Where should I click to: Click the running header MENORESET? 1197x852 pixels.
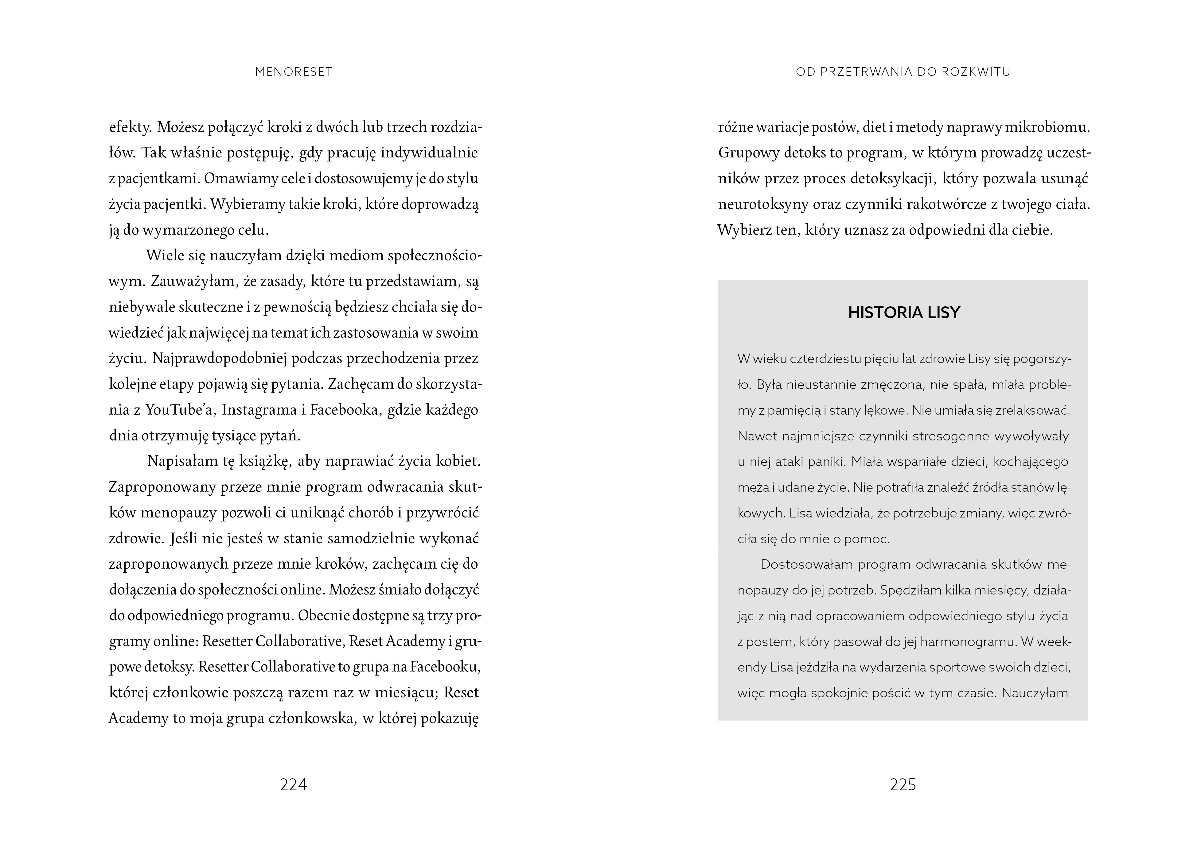(x=294, y=72)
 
